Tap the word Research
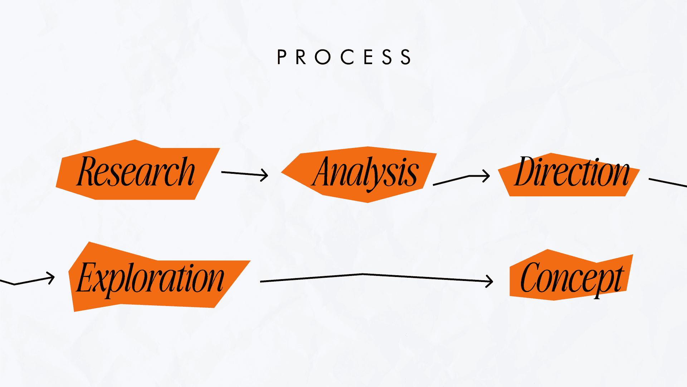point(136,172)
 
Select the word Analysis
point(365,173)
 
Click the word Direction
point(572,172)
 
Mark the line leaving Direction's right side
point(667,182)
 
